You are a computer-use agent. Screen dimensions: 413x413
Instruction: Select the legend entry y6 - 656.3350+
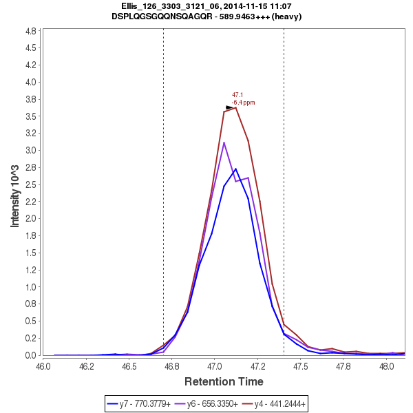[212, 403]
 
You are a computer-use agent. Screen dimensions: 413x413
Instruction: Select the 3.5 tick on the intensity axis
[30, 116]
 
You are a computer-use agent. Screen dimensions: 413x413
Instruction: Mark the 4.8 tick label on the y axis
[30, 31]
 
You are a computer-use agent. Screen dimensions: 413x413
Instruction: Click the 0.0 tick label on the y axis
[30, 355]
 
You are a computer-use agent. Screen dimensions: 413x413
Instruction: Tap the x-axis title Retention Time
[224, 381]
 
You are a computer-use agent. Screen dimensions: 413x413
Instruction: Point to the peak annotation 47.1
[237, 95]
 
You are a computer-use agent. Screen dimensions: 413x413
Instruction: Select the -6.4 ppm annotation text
[243, 103]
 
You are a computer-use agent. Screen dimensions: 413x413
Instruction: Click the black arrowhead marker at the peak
[230, 107]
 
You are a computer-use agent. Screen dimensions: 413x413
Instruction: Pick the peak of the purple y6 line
[224, 142]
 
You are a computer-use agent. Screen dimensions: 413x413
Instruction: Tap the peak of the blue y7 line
[235, 169]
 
